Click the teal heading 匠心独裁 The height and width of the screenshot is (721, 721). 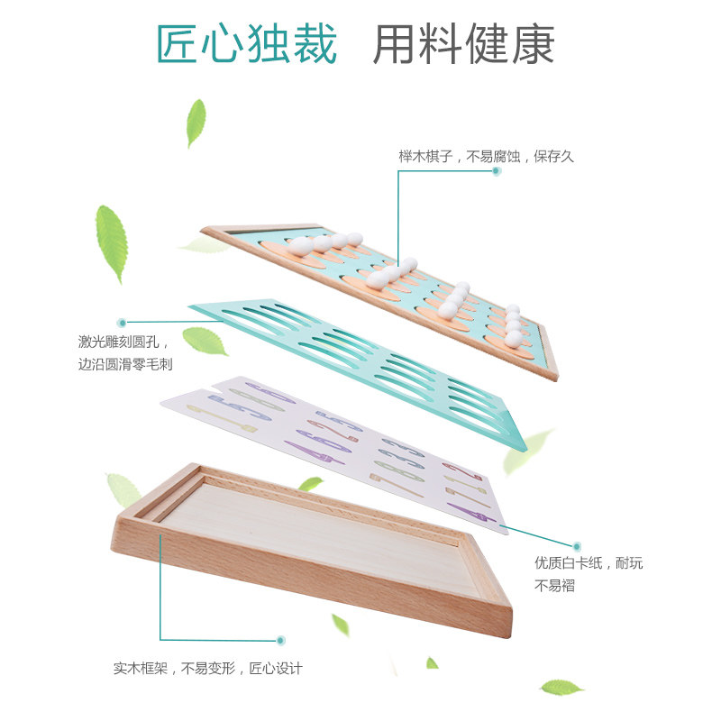click(247, 43)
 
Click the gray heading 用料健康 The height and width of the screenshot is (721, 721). click(463, 43)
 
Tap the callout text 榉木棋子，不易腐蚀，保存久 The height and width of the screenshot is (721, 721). click(487, 156)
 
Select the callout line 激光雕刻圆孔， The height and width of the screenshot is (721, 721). click(123, 342)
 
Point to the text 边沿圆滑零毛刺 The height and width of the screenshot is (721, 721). click(125, 364)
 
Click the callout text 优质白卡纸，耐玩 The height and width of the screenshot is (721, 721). click(589, 562)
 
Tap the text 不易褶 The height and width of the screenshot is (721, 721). click(554, 585)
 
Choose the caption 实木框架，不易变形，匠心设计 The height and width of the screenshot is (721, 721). click(208, 668)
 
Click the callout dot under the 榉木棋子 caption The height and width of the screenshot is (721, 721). click(497, 171)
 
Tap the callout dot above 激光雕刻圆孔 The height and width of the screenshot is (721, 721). click(122, 323)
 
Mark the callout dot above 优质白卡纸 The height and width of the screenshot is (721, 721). click(577, 546)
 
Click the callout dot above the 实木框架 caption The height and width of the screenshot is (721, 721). click(280, 640)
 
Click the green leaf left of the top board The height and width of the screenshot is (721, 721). click(111, 242)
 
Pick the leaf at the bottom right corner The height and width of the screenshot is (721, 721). click(561, 688)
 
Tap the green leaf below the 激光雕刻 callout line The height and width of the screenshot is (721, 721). click(205, 341)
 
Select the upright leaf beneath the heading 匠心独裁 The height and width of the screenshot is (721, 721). click(196, 123)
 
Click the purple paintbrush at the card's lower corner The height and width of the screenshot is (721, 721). click(471, 512)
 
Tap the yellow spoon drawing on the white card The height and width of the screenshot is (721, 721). click(221, 417)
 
